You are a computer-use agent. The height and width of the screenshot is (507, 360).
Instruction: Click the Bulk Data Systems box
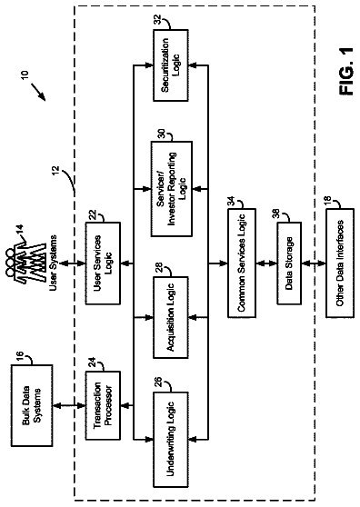32,405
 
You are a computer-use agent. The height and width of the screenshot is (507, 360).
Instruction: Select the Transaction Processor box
103,405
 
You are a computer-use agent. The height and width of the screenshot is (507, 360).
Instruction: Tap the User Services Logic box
103,263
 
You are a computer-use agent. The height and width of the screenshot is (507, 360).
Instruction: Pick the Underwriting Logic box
171,440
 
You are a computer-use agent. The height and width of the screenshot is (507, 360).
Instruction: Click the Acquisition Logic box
171,317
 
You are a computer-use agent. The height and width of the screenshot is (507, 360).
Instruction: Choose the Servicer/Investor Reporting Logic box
172,188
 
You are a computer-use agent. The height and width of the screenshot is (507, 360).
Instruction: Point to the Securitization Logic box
171,65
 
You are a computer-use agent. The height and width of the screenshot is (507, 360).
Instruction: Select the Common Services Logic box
242,263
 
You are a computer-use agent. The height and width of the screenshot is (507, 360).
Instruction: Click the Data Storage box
289,263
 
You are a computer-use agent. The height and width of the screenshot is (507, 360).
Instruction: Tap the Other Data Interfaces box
340,263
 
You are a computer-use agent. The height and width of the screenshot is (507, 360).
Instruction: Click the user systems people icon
25,262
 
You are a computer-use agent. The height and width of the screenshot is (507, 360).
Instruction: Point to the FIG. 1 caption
346,72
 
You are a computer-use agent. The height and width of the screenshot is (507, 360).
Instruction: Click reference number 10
25,75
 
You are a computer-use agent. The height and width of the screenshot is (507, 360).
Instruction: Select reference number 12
55,170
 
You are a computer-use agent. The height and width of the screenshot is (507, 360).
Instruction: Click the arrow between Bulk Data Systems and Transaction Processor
69,405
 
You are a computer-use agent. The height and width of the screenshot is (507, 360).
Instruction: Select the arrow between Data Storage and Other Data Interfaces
314,263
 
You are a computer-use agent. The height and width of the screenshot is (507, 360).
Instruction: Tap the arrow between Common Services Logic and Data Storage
266,263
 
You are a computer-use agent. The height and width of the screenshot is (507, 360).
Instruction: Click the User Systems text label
54,263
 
